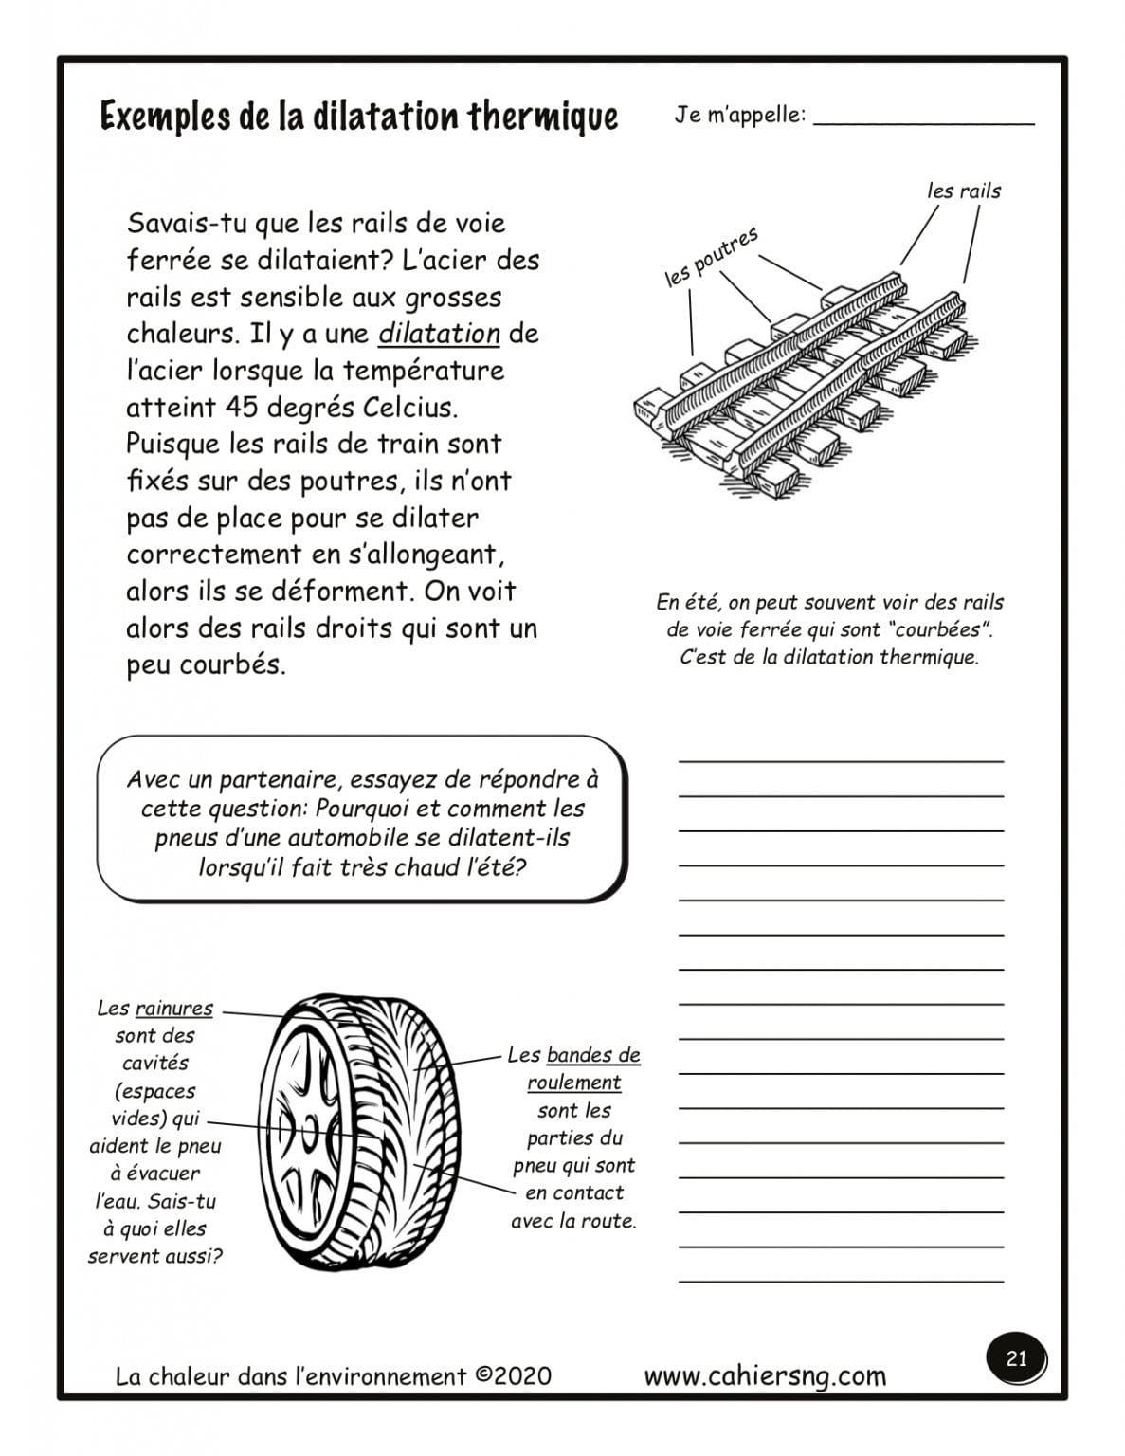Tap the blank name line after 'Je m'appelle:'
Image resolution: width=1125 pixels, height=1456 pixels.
[923, 119]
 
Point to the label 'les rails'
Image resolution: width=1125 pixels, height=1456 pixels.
[963, 191]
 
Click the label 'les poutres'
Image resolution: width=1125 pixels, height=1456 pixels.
[711, 256]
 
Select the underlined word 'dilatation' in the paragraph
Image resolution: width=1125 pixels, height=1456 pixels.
[439, 334]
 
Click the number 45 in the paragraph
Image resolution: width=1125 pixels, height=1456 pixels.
[242, 408]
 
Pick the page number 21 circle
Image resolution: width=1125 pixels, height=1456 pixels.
[1016, 1358]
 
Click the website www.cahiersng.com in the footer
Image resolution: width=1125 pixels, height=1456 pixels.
[765, 1375]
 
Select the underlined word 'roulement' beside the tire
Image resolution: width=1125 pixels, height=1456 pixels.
[573, 1083]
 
